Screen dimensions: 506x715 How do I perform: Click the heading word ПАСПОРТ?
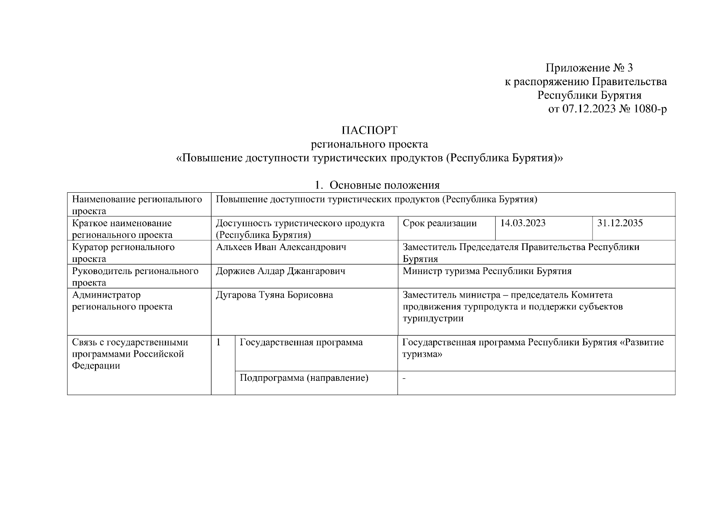click(369, 130)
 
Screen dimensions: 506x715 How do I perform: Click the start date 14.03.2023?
click(523, 223)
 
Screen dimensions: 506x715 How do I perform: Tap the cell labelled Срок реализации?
click(440, 223)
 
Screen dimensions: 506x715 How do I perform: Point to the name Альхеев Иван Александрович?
click(281, 247)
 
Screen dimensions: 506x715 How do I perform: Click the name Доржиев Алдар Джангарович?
click(280, 271)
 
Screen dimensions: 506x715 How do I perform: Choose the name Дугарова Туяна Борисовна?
click(274, 295)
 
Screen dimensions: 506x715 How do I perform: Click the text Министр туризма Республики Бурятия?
click(487, 271)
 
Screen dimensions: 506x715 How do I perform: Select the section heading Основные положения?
click(384, 185)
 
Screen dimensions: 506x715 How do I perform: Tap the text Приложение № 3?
click(589, 68)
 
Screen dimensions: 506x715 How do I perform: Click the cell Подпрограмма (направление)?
click(304, 378)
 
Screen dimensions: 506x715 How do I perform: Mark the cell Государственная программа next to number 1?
click(301, 342)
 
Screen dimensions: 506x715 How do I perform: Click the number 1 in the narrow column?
click(219, 342)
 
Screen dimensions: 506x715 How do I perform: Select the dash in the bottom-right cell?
click(404, 378)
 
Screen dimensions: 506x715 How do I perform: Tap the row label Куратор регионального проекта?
click(123, 253)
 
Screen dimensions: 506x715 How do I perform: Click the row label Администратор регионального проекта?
click(122, 301)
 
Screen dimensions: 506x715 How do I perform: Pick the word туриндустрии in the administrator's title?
click(433, 318)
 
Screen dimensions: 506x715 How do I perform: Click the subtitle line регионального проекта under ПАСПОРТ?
click(369, 144)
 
